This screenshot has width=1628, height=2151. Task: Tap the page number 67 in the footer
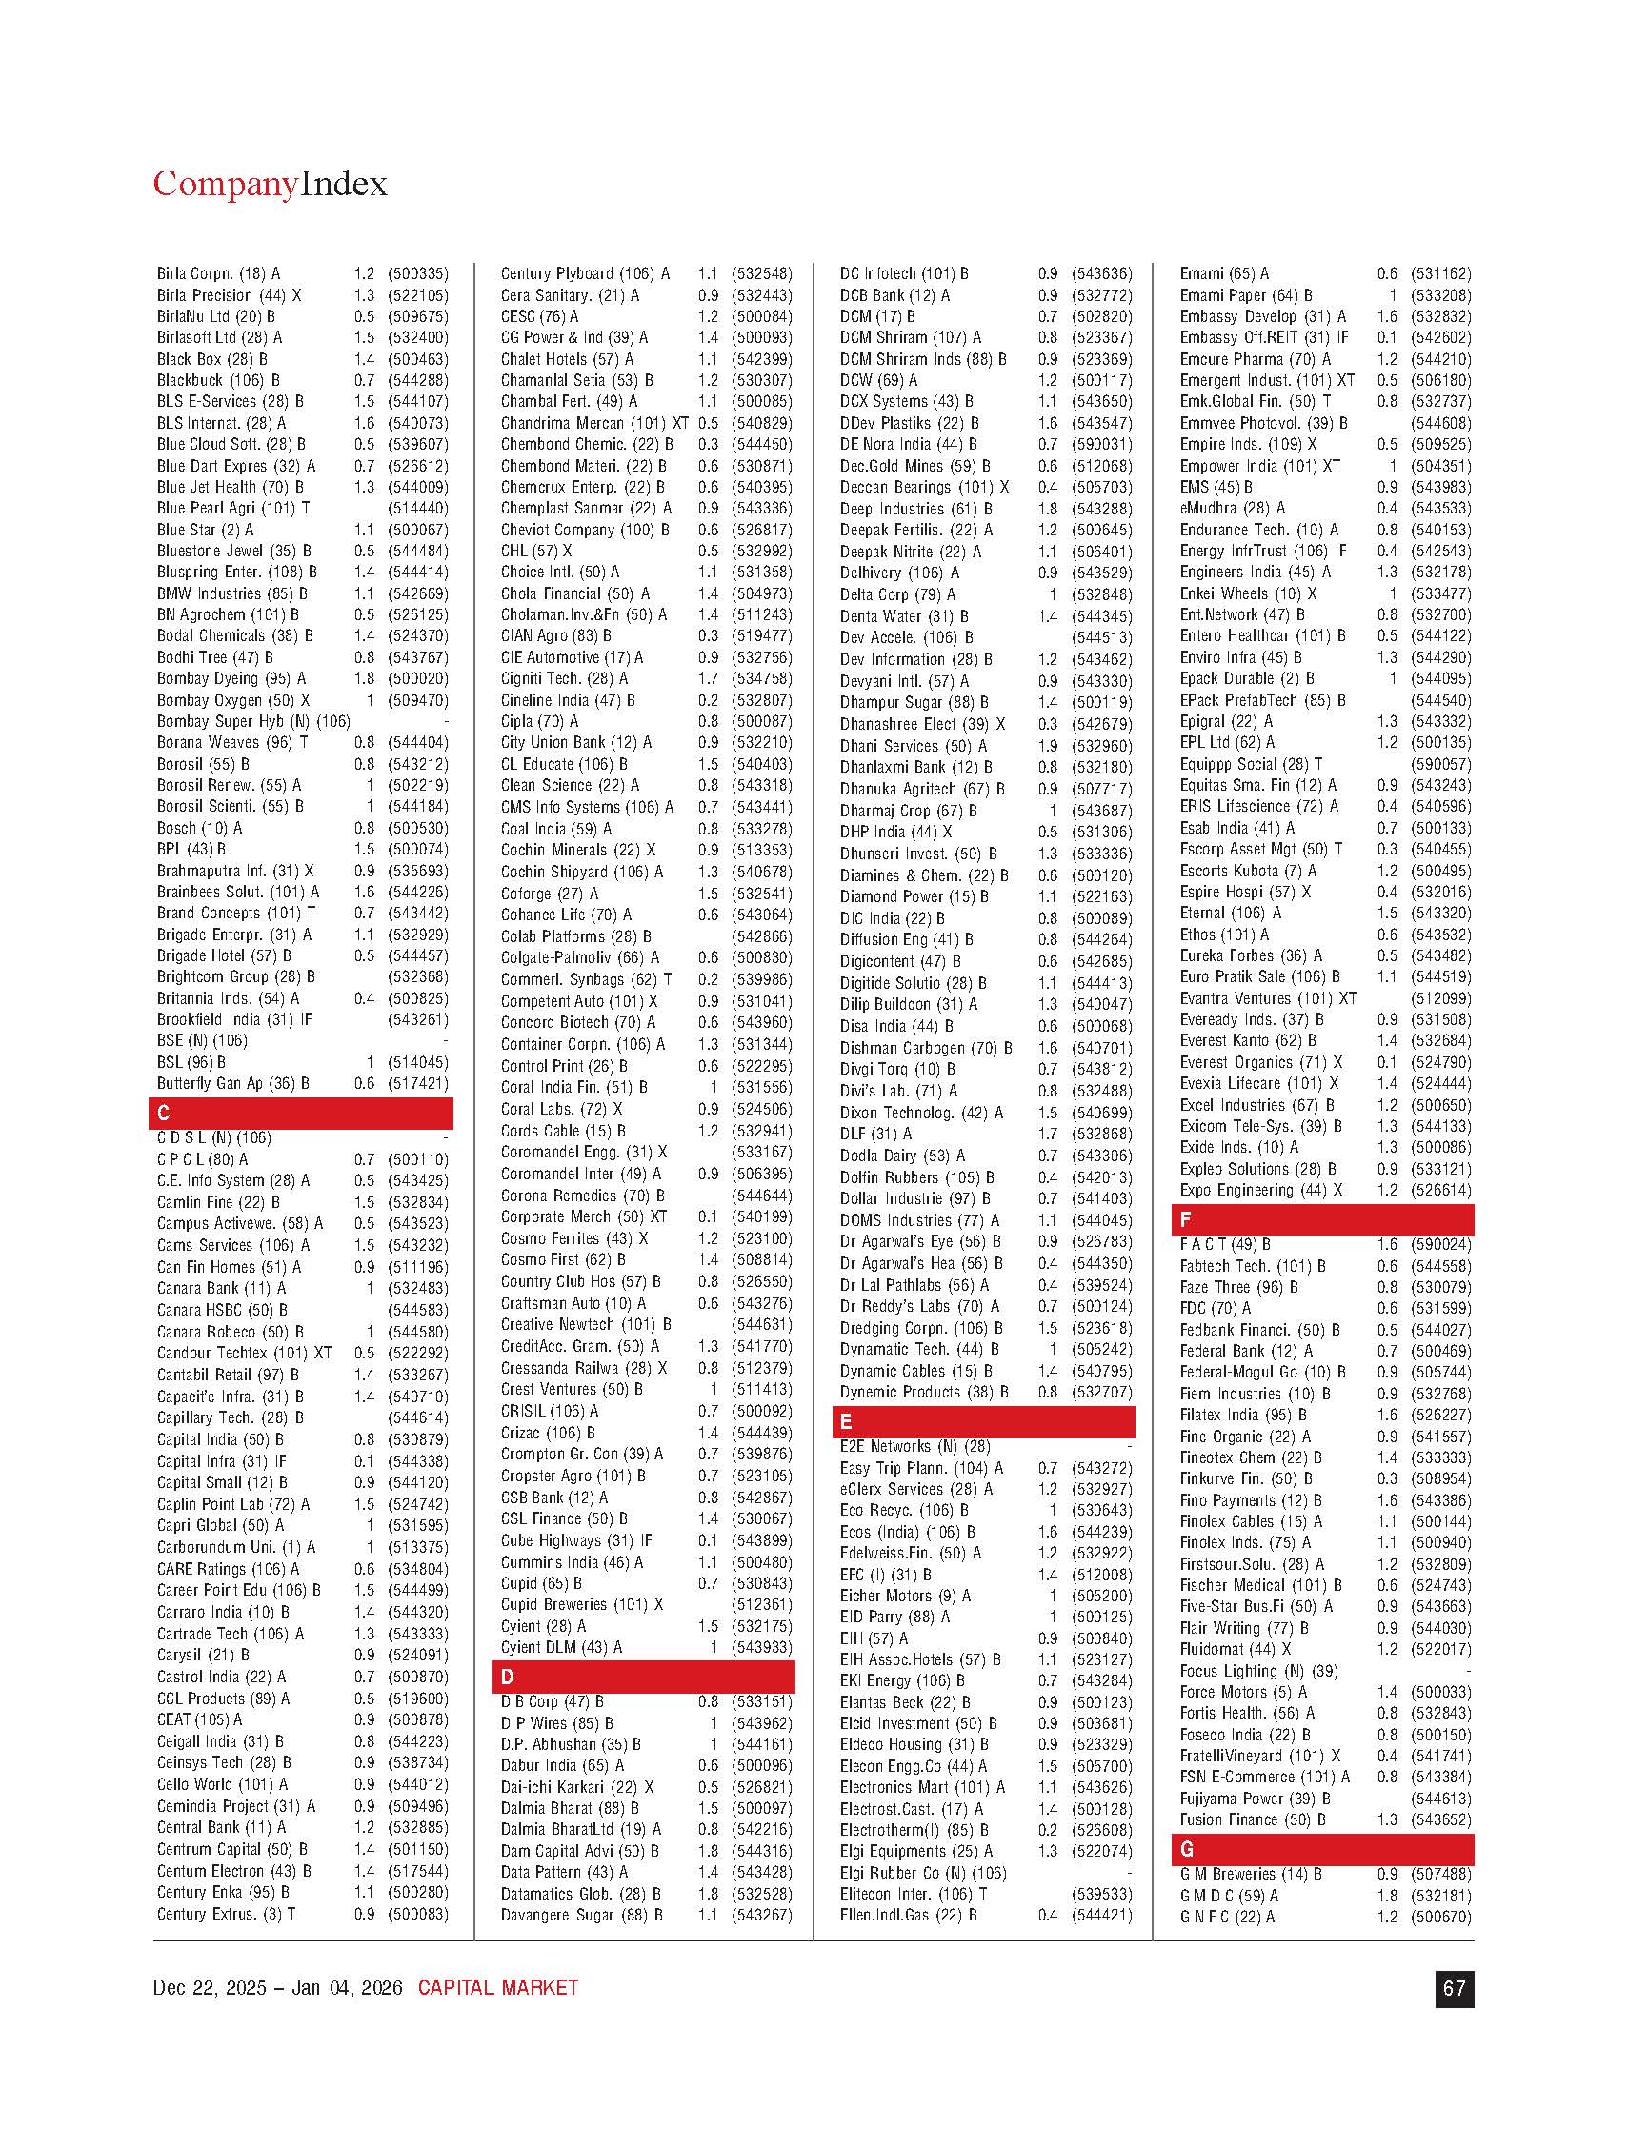point(1454,1989)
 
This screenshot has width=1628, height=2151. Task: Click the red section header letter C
point(164,1114)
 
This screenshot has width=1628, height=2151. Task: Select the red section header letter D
point(507,1677)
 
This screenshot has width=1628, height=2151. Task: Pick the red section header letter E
point(846,1422)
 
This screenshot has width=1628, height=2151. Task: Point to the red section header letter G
point(1187,1849)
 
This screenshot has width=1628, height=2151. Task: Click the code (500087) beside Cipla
point(761,721)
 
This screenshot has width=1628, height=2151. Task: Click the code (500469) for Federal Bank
point(1441,1351)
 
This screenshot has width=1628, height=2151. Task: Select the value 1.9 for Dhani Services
point(1046,747)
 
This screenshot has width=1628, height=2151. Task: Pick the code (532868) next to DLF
point(1102,1134)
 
